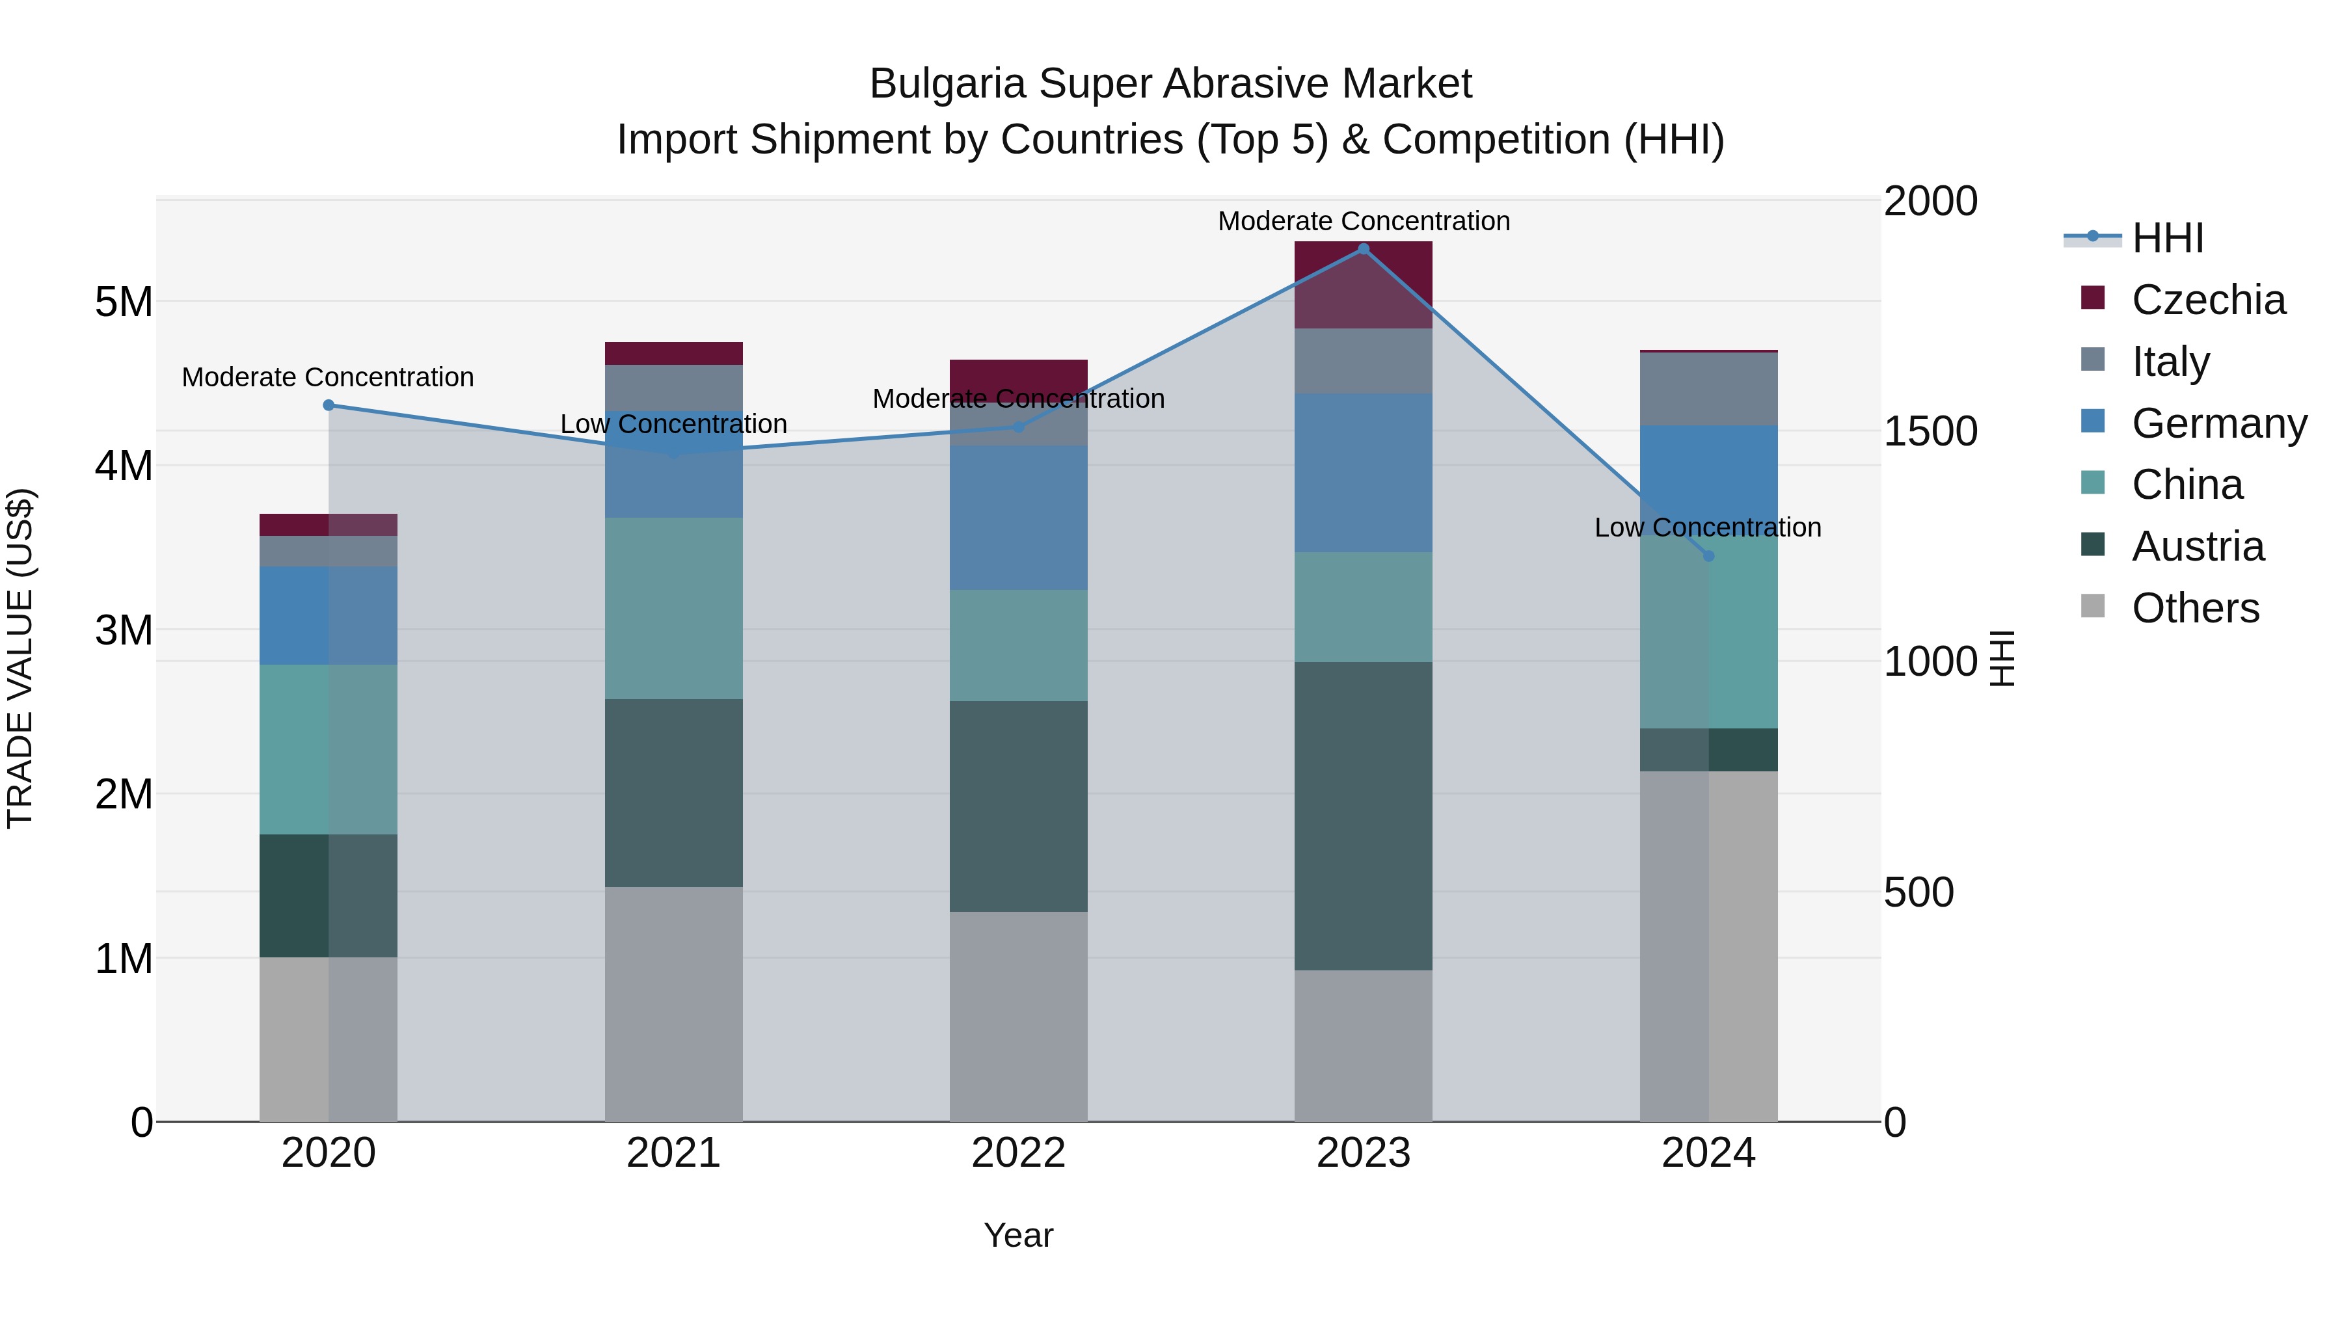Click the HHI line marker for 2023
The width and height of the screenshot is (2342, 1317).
coord(1363,249)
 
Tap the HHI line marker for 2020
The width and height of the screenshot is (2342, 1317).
coord(329,405)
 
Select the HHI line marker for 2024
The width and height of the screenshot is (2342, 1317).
coord(1708,555)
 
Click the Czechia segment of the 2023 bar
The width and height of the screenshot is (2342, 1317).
coord(1363,284)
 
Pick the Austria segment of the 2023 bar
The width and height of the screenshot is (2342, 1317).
coord(1363,816)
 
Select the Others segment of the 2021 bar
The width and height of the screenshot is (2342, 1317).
coord(674,1004)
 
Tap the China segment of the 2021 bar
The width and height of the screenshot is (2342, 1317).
coord(674,608)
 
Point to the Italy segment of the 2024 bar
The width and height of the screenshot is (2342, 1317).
coord(1708,389)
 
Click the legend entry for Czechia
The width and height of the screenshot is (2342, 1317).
coord(2207,300)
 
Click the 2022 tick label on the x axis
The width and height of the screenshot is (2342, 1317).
coord(1018,1153)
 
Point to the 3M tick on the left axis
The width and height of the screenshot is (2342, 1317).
coord(124,630)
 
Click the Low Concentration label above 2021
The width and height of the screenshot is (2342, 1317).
coord(674,425)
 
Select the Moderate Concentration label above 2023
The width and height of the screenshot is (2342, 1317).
coord(1363,221)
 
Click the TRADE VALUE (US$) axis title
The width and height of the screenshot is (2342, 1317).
coord(20,658)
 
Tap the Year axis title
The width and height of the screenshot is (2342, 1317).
coord(1018,1235)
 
